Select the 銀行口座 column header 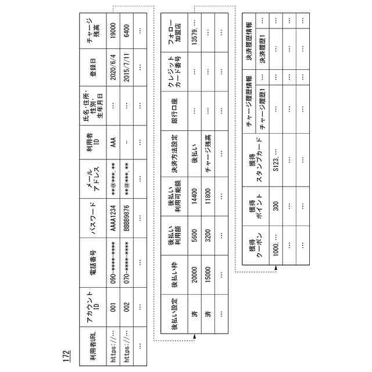click(172, 105)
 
